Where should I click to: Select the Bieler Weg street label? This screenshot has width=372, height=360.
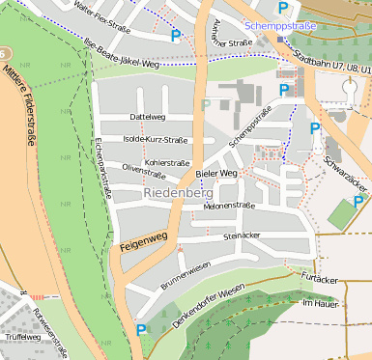pos(215,174)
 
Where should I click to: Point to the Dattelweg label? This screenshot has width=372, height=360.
pos(148,117)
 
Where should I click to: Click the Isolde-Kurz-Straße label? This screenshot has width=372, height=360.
pos(156,139)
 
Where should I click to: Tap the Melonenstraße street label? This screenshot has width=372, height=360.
pos(228,206)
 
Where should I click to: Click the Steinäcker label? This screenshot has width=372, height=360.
pos(242,235)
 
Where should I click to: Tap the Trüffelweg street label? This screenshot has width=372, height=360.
pos(23,337)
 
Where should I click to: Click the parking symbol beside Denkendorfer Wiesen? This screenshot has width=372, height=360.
pos(141,330)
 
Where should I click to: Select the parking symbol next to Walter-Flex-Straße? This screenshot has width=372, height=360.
pos(176,36)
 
